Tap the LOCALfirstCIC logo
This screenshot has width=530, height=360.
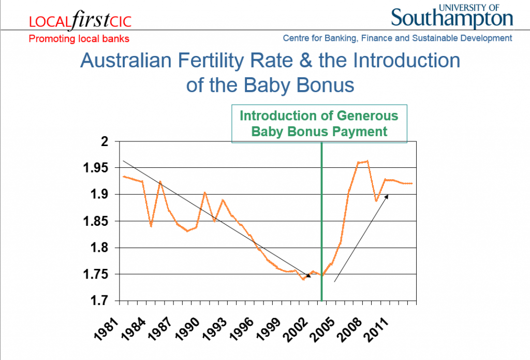point(80,20)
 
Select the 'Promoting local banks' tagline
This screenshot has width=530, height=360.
point(79,38)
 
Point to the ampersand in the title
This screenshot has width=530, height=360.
point(305,61)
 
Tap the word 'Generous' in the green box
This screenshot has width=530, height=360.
point(367,116)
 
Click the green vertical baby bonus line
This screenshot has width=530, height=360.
point(321,222)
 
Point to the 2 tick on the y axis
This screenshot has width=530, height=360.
point(105,141)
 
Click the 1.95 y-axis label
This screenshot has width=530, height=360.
point(96,168)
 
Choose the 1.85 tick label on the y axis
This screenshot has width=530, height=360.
point(96,221)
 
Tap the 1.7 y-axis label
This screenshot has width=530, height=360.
point(99,300)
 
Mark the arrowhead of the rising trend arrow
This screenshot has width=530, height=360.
point(387,196)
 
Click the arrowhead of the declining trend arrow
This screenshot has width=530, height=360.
point(308,276)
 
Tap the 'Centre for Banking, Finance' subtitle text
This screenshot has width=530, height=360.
point(338,38)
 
